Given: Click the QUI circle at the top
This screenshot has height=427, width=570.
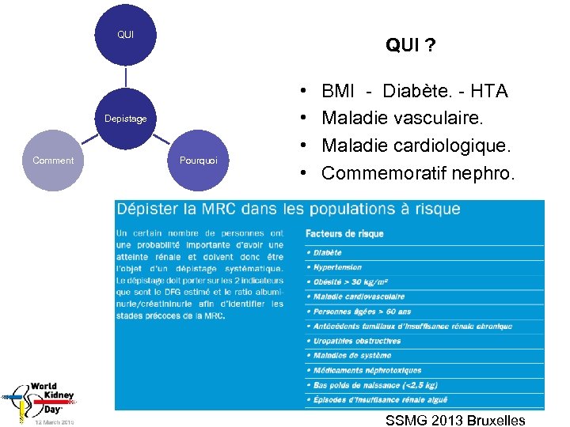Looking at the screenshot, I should [x=125, y=35].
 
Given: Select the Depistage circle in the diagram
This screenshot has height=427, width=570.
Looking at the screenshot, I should [x=126, y=119].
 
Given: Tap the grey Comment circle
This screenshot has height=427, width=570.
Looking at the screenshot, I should [x=53, y=161].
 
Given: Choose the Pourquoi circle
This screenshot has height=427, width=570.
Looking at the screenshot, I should [x=199, y=161].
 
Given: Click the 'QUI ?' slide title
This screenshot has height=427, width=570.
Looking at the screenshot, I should [x=410, y=45].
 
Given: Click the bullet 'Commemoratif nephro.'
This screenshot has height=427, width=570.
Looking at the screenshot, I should [x=418, y=173].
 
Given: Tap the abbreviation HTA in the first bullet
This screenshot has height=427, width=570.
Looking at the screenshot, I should [x=488, y=91].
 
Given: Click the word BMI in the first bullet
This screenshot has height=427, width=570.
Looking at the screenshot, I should [x=339, y=91].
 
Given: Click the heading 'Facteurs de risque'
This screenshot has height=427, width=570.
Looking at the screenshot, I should [x=344, y=234].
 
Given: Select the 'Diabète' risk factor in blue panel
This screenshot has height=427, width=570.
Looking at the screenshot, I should [x=328, y=253].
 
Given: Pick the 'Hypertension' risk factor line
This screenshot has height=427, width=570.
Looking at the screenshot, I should [x=337, y=267].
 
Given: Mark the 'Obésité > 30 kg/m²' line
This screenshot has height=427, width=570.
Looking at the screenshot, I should [x=351, y=282].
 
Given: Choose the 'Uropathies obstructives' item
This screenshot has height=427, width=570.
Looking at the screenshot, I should [x=357, y=341].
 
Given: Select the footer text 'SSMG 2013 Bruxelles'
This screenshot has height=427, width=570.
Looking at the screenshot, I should [x=455, y=420].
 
